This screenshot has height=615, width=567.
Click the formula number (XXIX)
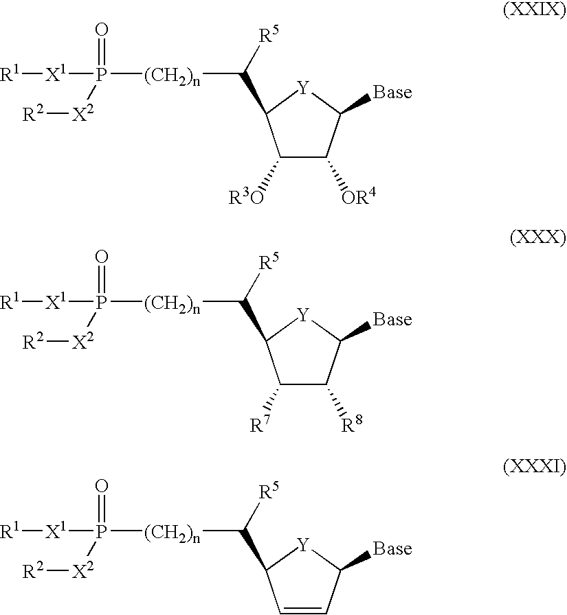pos(535,9)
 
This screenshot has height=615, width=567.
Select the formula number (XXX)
pos(538,237)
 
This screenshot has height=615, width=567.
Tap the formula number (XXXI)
pos(535,466)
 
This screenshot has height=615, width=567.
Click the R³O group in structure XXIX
pos(246,196)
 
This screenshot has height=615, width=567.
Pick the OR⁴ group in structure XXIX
pos(359,196)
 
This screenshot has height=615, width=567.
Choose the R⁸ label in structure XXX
pos(352,423)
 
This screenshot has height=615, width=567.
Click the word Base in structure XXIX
pos(392,92)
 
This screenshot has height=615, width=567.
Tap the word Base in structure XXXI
pos(392,548)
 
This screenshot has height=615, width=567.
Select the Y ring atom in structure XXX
pos(303,314)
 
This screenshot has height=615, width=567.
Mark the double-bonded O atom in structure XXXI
pos(102,487)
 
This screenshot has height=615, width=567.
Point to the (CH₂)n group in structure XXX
pos(172,303)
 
